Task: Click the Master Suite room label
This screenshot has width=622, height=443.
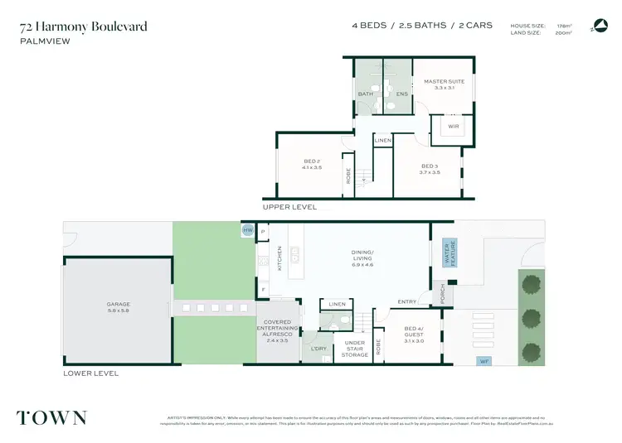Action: point(444,84)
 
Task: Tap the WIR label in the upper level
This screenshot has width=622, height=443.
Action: point(453,126)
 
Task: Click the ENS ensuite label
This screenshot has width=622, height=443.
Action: point(401,94)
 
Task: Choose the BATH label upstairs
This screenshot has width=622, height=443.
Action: point(365,94)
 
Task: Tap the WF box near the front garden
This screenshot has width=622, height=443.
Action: point(484,361)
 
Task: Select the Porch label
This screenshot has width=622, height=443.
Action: point(442,295)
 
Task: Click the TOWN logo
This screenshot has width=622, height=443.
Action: point(51,417)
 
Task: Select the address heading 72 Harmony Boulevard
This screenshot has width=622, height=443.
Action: point(84,26)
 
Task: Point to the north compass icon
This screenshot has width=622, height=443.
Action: point(599,26)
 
